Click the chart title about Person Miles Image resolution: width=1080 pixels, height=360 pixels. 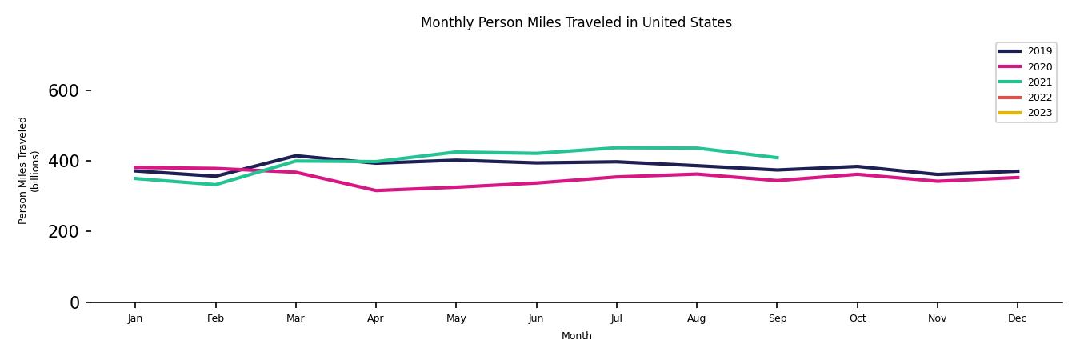pyautogui.click(x=576, y=22)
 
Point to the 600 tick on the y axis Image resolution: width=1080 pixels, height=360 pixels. pyautogui.click(x=63, y=91)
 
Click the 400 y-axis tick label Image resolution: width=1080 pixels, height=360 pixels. pyautogui.click(x=63, y=162)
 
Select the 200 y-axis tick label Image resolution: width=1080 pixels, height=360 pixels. pyautogui.click(x=63, y=232)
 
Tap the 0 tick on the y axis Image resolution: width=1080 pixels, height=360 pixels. pyautogui.click(x=75, y=302)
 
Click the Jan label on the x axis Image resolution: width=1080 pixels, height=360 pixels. pyautogui.click(x=135, y=318)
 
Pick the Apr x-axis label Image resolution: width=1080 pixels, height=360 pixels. pyautogui.click(x=375, y=318)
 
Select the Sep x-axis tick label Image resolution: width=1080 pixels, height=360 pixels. pyautogui.click(x=777, y=318)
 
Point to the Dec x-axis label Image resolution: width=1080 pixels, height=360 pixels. pyautogui.click(x=1017, y=318)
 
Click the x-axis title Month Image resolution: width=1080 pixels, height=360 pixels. pyautogui.click(x=576, y=336)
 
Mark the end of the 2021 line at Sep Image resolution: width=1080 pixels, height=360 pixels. pyautogui.click(x=777, y=158)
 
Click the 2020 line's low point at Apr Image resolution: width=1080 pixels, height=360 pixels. pyautogui.click(x=375, y=190)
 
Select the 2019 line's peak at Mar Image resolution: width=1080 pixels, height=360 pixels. pyautogui.click(x=295, y=156)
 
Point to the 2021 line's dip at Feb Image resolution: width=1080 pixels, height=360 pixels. pyautogui.click(x=215, y=185)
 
